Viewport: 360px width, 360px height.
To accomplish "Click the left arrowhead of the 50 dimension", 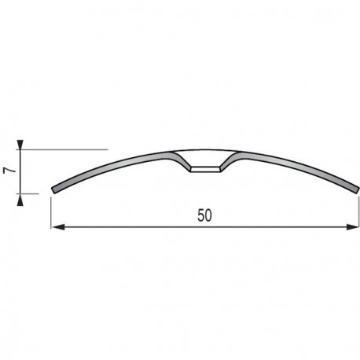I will pyautogui.click(x=57, y=227).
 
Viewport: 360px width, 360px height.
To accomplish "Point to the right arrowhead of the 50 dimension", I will pyautogui.click(x=347, y=227).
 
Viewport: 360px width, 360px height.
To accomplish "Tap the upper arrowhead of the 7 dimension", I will pyautogui.click(x=24, y=144).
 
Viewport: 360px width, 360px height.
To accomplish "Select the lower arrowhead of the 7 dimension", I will pyautogui.click(x=24, y=196).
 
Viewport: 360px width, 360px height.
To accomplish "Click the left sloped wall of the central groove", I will pyautogui.click(x=186, y=163).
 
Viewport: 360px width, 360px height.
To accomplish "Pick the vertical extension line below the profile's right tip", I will pyautogui.click(x=351, y=211).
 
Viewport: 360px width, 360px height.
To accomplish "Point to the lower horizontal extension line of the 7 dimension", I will pyautogui.click(x=35, y=191).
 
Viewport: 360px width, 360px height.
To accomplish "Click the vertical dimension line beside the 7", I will pyautogui.click(x=24, y=169).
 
